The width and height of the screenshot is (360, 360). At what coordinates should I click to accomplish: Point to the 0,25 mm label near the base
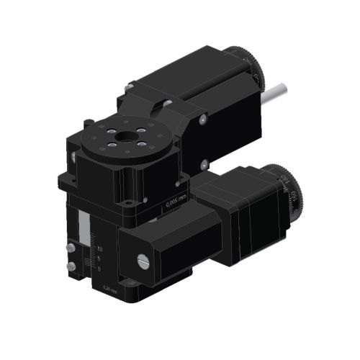coord(110,289)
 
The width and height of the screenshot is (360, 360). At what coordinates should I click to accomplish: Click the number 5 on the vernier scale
coord(99,258)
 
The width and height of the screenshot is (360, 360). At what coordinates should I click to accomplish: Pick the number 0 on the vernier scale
coord(99,268)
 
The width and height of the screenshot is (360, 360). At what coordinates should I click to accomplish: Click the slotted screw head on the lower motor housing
coord(141,259)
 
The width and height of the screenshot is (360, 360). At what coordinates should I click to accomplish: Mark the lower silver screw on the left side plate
coord(71,268)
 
